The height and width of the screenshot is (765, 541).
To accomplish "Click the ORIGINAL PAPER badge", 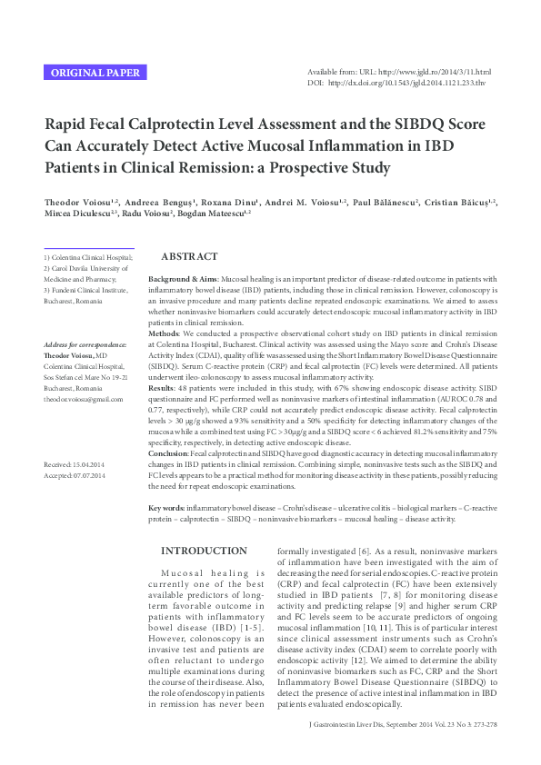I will point(95,73).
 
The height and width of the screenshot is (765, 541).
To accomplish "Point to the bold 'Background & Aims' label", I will point(183,278).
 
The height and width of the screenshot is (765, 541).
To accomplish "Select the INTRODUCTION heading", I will point(204,551).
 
